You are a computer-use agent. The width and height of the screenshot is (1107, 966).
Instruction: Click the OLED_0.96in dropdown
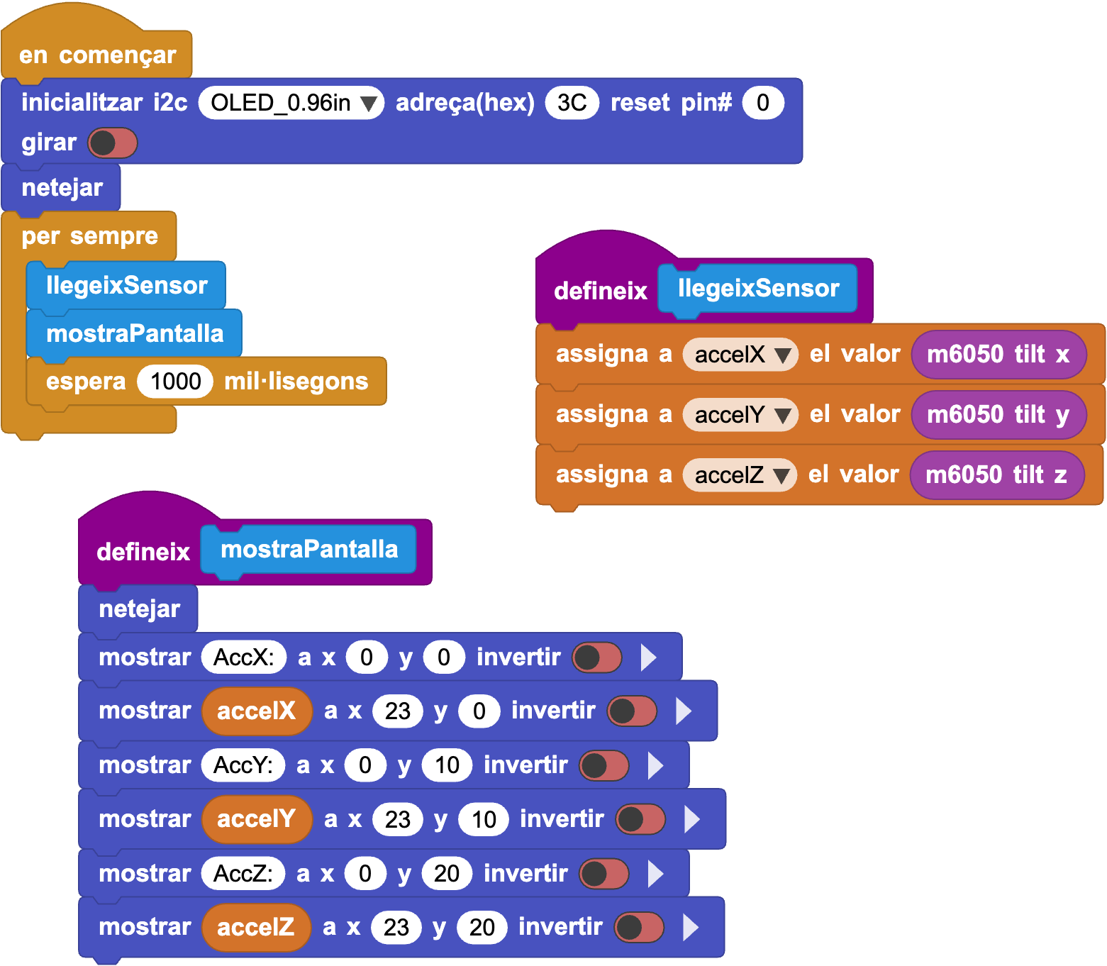click(291, 103)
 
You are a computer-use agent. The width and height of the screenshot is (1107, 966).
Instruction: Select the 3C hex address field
click(572, 103)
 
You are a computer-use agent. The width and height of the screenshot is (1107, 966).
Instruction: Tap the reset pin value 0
click(763, 103)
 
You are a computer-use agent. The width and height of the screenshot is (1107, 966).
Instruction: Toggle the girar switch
click(113, 143)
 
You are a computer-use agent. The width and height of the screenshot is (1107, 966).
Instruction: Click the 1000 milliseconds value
click(176, 381)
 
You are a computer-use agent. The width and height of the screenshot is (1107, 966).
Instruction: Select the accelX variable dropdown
click(740, 355)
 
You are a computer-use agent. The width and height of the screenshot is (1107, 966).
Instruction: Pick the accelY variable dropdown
click(740, 415)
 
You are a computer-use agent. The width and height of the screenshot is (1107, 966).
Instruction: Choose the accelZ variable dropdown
click(740, 475)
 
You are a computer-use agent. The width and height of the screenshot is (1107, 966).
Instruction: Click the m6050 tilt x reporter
click(998, 355)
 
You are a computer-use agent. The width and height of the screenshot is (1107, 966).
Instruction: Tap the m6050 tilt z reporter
click(996, 475)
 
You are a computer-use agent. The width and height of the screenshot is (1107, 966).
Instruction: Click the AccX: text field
click(243, 657)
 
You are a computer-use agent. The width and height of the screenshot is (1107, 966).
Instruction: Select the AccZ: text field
click(243, 874)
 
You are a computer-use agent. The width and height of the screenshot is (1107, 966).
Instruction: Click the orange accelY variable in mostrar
click(257, 819)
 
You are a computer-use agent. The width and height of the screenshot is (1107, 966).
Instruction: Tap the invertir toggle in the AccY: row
click(603, 765)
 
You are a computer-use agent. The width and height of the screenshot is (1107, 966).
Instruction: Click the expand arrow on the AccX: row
click(649, 657)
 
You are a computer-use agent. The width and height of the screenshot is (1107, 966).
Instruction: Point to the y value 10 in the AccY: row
click(447, 765)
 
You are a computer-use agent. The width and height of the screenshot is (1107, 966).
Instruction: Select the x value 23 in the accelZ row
click(396, 928)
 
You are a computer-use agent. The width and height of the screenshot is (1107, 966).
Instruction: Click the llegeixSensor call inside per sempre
click(126, 285)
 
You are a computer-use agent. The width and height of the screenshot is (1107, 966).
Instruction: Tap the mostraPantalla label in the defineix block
click(309, 549)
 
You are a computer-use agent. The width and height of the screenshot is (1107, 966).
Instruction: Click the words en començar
click(97, 55)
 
